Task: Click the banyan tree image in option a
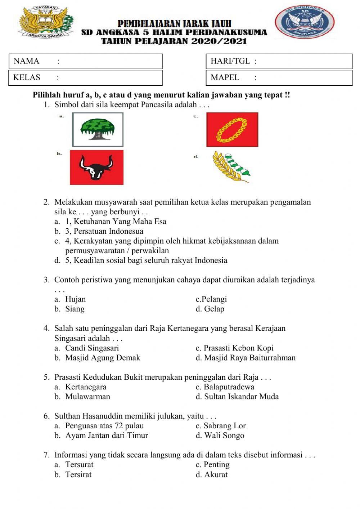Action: click(x=98, y=129)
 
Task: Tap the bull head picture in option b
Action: click(x=96, y=168)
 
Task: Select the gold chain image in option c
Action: click(x=232, y=130)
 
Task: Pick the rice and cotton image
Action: click(x=230, y=167)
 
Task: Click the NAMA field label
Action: click(x=26, y=61)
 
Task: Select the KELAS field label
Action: click(x=27, y=77)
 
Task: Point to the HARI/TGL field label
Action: click(x=230, y=61)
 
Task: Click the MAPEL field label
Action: click(x=225, y=77)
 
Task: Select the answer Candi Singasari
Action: click(x=92, y=348)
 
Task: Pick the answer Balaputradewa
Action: click(x=229, y=387)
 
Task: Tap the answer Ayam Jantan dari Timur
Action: click(x=107, y=436)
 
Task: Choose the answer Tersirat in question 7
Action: click(x=78, y=474)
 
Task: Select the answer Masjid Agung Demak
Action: click(x=103, y=358)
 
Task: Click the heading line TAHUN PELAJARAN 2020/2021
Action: click(x=174, y=41)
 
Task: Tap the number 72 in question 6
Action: click(x=119, y=426)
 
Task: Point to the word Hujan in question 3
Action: click(x=76, y=299)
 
